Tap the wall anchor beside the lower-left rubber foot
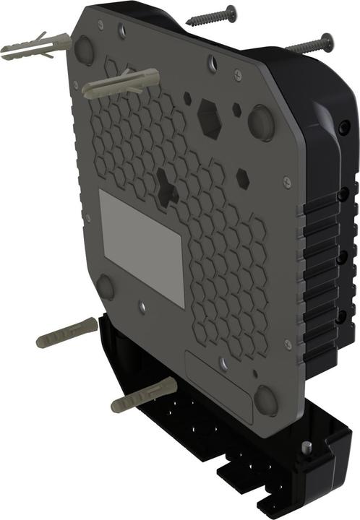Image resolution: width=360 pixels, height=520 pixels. [x=67, y=331]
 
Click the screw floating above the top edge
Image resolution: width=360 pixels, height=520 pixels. [x=212, y=15]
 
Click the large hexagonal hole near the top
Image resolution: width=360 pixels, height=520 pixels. [x=210, y=118]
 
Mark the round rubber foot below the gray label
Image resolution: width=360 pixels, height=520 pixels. [x=106, y=287]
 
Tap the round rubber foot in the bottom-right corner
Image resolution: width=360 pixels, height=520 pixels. [x=265, y=399]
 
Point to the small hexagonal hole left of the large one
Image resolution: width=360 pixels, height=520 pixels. [x=187, y=96]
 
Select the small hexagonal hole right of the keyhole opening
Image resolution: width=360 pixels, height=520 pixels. [x=243, y=175]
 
